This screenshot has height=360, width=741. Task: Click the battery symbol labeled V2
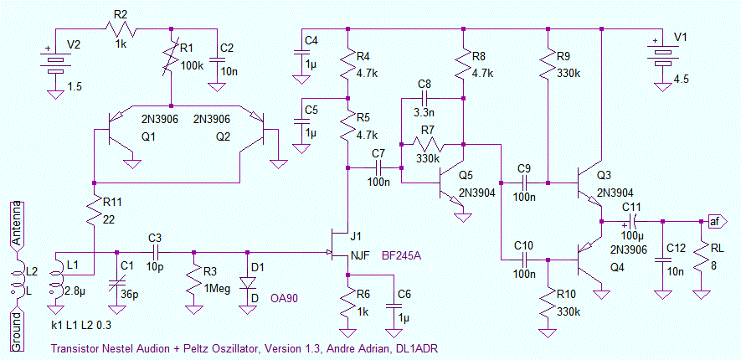(x=56, y=64)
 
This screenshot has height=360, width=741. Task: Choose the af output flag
(x=714, y=221)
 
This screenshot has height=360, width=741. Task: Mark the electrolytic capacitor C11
(x=632, y=221)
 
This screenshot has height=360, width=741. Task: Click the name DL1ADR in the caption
(x=415, y=347)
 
